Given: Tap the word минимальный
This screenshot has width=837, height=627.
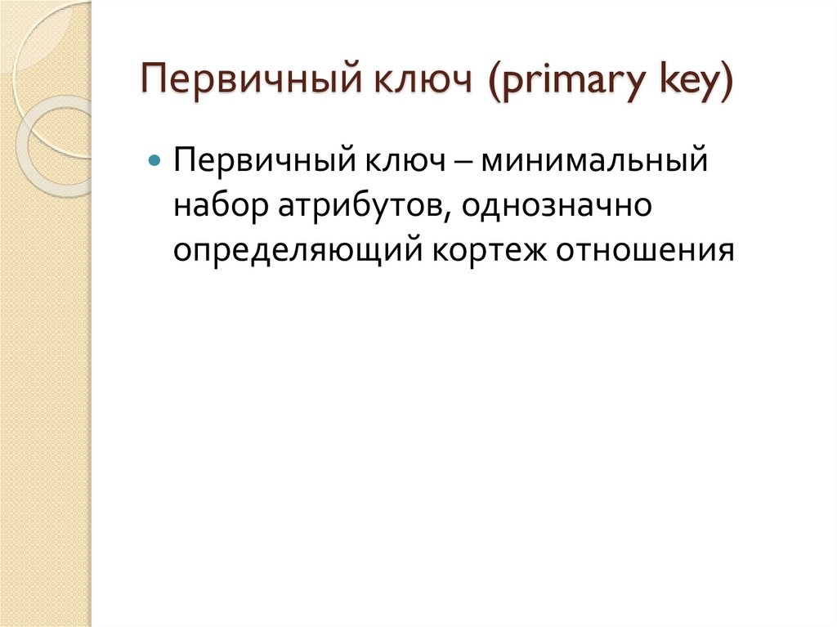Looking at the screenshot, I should pyautogui.click(x=593, y=159).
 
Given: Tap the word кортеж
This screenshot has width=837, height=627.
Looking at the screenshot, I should pyautogui.click(x=489, y=250).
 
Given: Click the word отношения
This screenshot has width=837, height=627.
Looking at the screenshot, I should pyautogui.click(x=642, y=250).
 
